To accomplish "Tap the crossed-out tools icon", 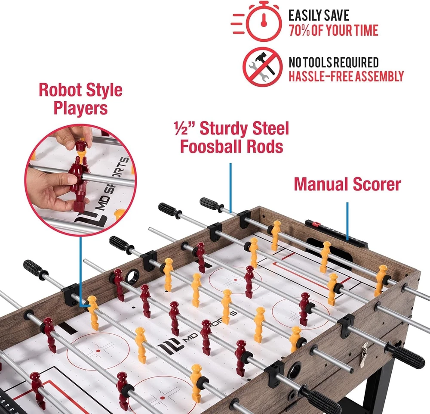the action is (262, 67).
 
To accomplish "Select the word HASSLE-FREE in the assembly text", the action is (321, 76).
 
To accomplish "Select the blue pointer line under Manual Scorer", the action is (347, 221).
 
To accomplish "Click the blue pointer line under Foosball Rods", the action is (230, 188).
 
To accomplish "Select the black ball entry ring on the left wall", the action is (132, 277).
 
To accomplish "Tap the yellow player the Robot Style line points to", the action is (93, 312).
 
